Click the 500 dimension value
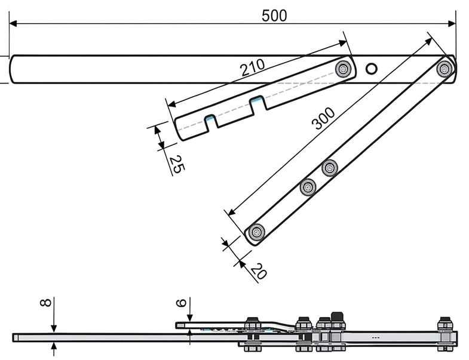pyautogui.click(x=274, y=16)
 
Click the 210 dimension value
pyautogui.click(x=253, y=67)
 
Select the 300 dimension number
pyautogui.click(x=323, y=118)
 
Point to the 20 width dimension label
pyautogui.click(x=259, y=270)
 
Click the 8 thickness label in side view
pyautogui.click(x=46, y=303)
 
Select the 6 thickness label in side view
pyautogui.click(x=180, y=303)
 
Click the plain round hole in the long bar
pyautogui.click(x=372, y=69)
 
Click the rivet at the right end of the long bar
pyautogui.click(x=445, y=69)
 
